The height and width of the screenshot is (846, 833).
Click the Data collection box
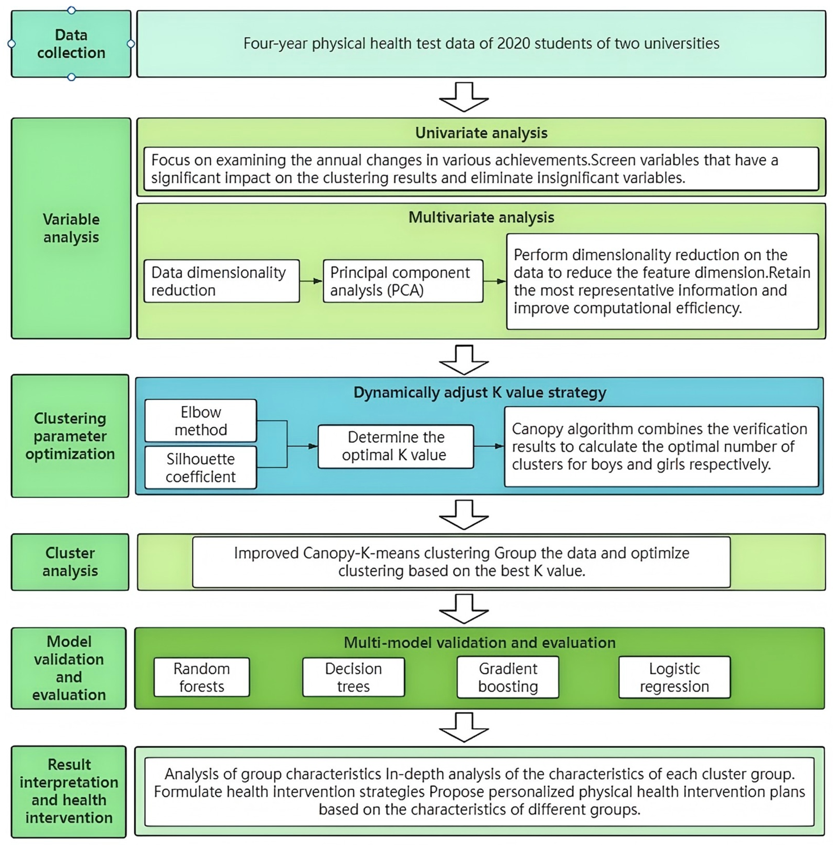pyautogui.click(x=71, y=44)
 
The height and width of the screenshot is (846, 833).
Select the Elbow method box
pyautogui.click(x=200, y=421)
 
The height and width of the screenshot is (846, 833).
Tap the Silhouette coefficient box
pyautogui.click(x=200, y=467)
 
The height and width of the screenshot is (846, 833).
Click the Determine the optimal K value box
pyautogui.click(x=395, y=446)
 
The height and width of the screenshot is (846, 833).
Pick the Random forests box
pyautogui.click(x=201, y=677)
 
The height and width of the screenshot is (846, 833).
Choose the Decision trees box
pyautogui.click(x=353, y=677)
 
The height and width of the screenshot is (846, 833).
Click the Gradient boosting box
pyautogui.click(x=508, y=677)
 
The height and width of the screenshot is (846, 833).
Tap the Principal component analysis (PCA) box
pyautogui.click(x=402, y=281)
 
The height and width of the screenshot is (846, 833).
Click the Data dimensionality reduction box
pyautogui.click(x=221, y=281)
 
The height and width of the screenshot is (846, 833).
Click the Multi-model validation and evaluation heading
pyautogui.click(x=480, y=643)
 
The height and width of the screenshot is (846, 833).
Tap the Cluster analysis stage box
pyautogui.click(x=70, y=562)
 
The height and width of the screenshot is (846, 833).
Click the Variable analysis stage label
pyautogui.click(x=71, y=228)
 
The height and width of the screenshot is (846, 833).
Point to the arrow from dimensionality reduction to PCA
pyautogui.click(x=311, y=281)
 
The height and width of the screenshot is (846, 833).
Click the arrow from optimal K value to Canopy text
pyautogui.click(x=489, y=446)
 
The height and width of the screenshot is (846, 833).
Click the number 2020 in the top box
pyautogui.click(x=514, y=44)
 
